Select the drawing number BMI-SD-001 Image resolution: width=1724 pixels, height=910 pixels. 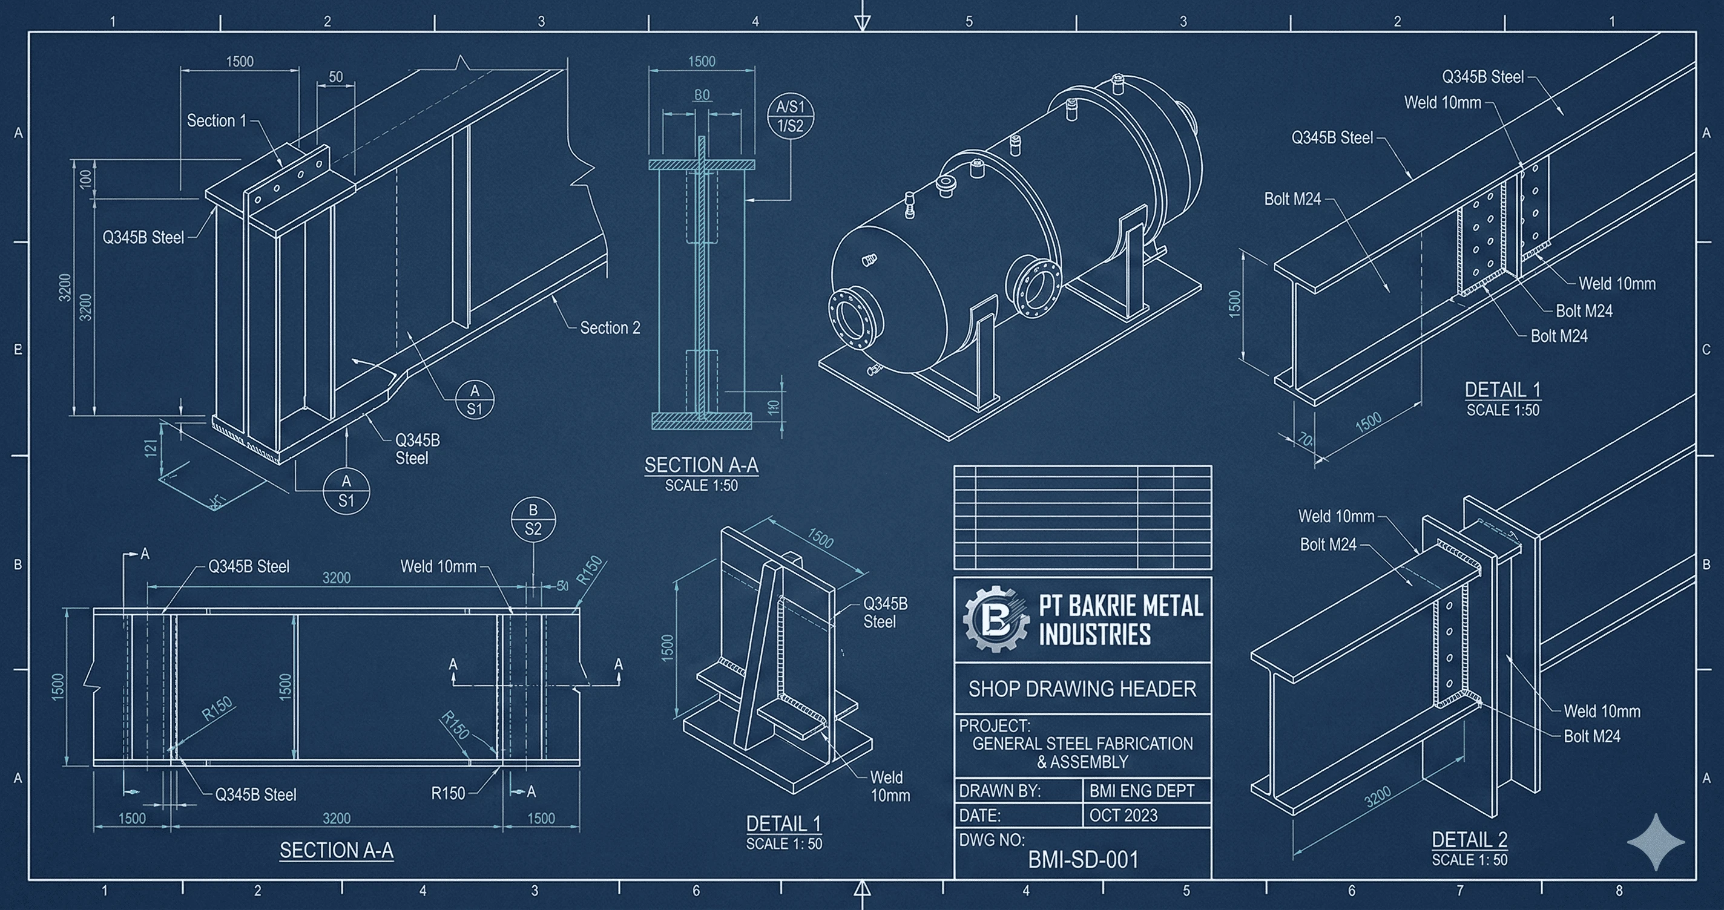(1083, 860)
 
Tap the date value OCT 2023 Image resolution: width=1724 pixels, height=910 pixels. (1123, 816)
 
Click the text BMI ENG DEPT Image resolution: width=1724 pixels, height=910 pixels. (1142, 791)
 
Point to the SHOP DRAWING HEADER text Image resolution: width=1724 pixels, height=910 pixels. (1082, 689)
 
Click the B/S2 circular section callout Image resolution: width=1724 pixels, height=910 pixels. (533, 519)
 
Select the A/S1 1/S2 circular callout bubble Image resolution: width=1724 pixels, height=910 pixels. (791, 116)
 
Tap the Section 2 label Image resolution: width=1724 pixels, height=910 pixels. (610, 328)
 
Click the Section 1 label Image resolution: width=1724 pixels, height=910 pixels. (216, 121)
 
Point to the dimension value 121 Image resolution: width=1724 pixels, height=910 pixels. (151, 448)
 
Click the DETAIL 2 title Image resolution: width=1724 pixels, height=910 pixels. (1469, 839)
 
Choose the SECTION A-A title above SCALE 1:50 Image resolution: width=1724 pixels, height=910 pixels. (702, 465)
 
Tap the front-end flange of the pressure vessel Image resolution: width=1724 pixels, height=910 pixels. (852, 319)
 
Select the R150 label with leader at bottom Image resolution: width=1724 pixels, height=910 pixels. (448, 794)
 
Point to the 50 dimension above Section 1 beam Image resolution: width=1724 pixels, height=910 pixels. (336, 77)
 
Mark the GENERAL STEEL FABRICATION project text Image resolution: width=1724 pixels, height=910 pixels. (1082, 744)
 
